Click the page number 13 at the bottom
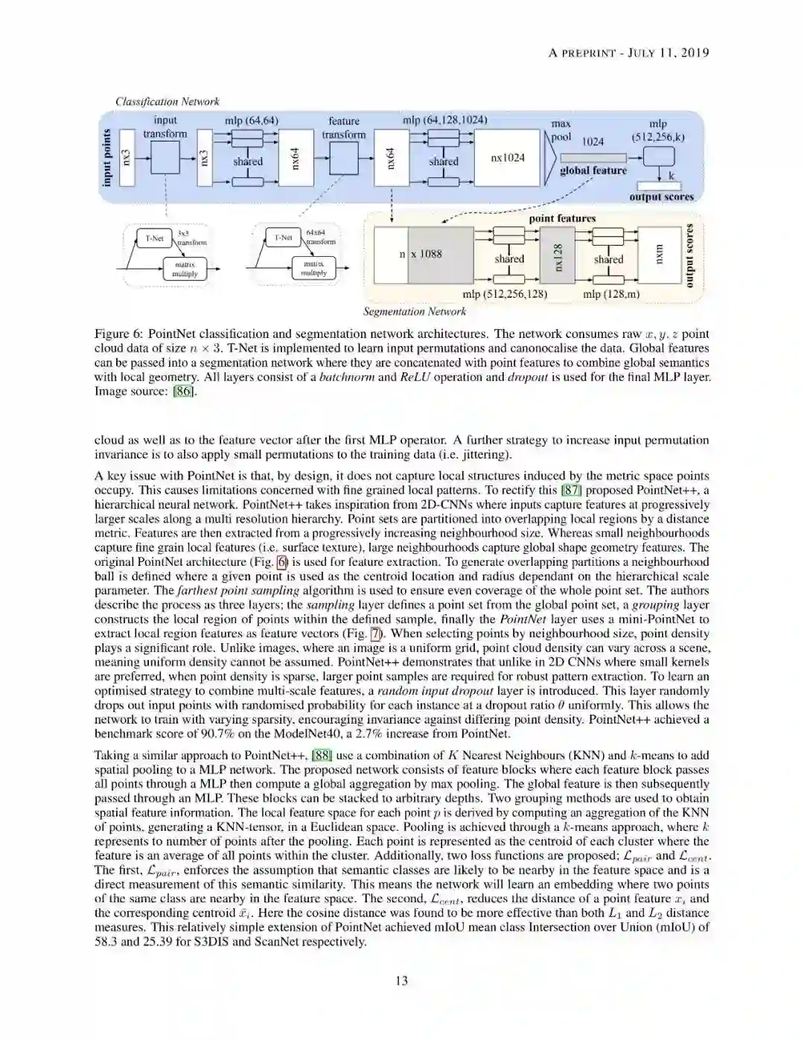coord(401,980)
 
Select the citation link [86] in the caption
coord(184,391)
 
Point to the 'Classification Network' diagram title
coord(167,101)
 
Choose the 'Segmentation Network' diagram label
coord(414,311)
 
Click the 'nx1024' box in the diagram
coord(507,158)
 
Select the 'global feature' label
coord(593,170)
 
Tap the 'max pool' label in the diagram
coord(561,130)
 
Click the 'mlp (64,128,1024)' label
coord(445,120)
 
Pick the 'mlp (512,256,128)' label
coord(505,294)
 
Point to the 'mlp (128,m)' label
coord(610,294)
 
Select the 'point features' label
coord(562,218)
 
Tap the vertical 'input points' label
coord(107,158)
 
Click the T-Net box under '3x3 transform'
coord(154,238)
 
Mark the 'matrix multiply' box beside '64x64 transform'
coord(314,268)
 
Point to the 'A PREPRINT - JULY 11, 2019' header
coord(628,52)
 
